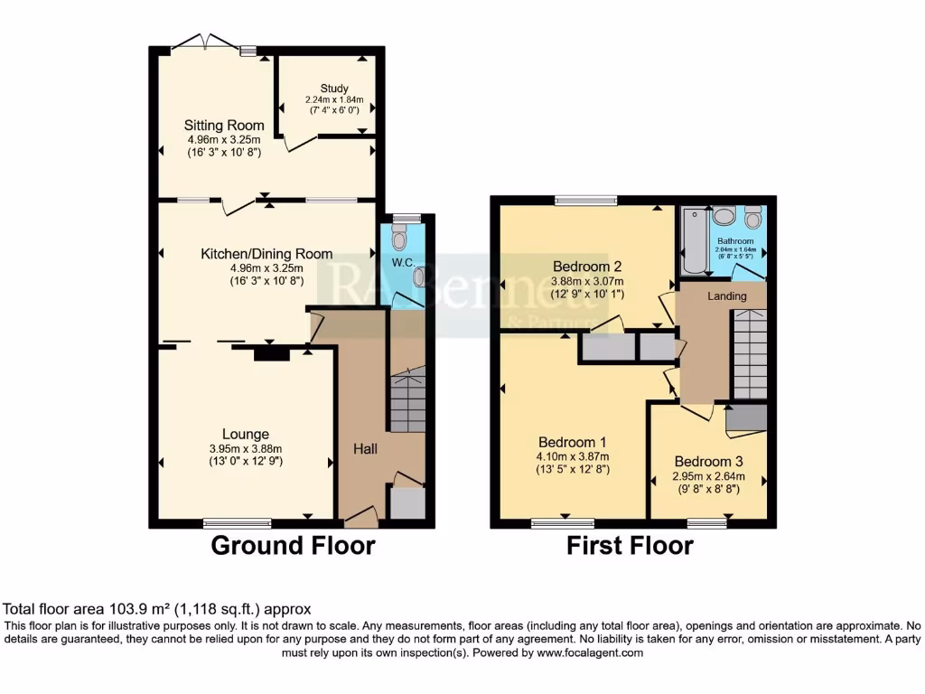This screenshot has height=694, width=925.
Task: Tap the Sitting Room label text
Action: point(224,126)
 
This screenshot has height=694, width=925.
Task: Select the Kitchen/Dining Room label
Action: point(266,254)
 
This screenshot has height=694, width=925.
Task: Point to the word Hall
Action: point(365,449)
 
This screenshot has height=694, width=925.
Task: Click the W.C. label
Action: point(402,263)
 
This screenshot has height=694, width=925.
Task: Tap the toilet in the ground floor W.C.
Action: point(399,240)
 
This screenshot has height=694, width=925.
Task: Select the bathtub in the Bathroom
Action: point(693,240)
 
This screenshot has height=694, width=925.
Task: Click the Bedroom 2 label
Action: point(588,267)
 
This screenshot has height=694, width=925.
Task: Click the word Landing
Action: point(727,296)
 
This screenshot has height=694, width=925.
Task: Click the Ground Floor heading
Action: point(293,545)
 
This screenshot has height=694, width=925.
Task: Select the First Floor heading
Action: point(630,545)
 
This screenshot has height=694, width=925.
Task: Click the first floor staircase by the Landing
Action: point(748,352)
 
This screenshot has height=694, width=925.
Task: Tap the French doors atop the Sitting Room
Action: point(207,42)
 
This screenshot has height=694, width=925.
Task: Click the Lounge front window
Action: point(237,521)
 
